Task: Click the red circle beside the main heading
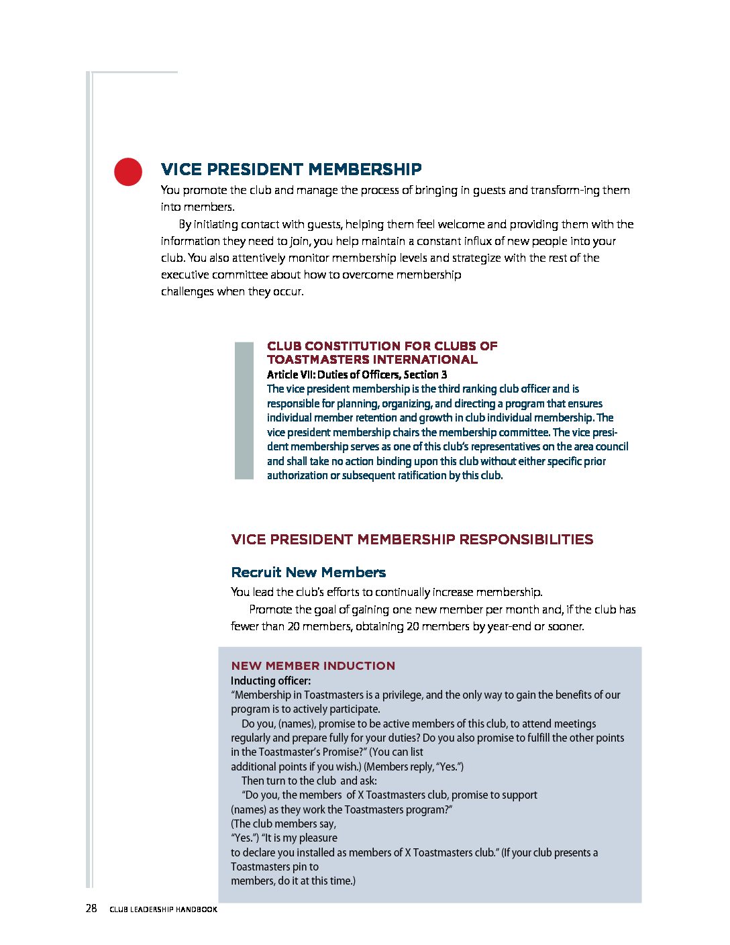coord(128,172)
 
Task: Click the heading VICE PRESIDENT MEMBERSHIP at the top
coord(291,169)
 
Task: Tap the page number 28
coord(91,909)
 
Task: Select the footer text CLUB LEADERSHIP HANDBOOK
coord(163,909)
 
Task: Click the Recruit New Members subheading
coord(308,573)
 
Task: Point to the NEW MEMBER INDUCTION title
coord(313,666)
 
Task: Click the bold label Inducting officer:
coord(270,681)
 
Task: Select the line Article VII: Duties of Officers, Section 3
coord(356,375)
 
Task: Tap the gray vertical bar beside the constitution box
coord(244,410)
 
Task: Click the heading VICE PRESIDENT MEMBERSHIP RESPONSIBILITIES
coord(412,540)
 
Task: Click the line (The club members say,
coord(283,824)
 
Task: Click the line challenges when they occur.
coord(232,291)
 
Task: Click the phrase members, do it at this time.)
coord(293,881)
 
